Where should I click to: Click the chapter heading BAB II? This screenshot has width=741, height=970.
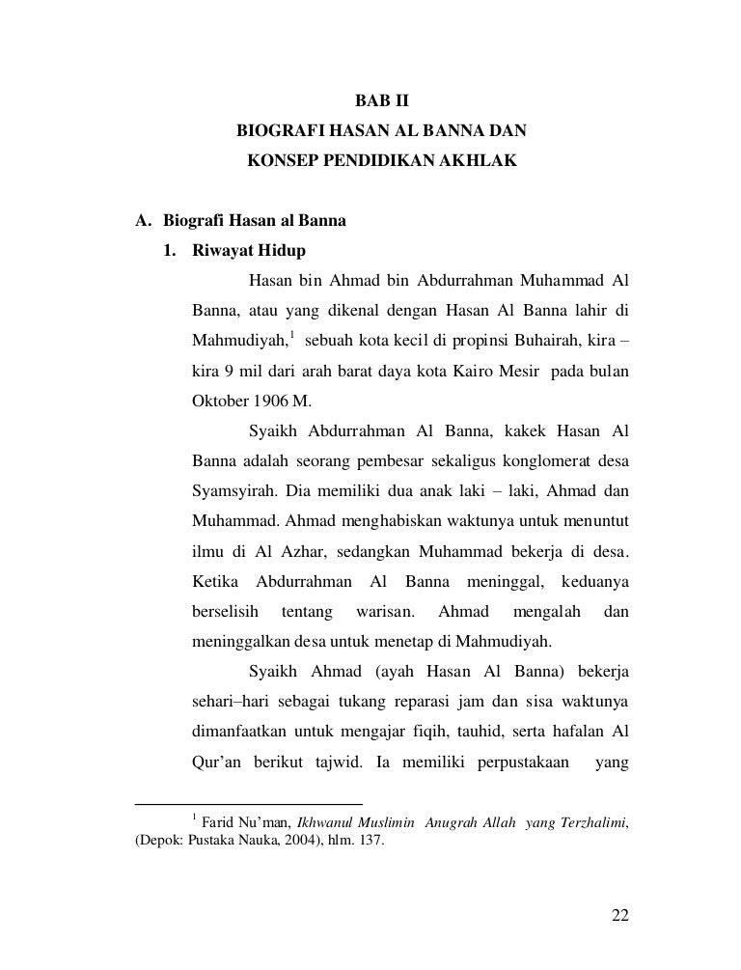tap(382, 99)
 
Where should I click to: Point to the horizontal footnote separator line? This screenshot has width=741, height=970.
tap(248, 803)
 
